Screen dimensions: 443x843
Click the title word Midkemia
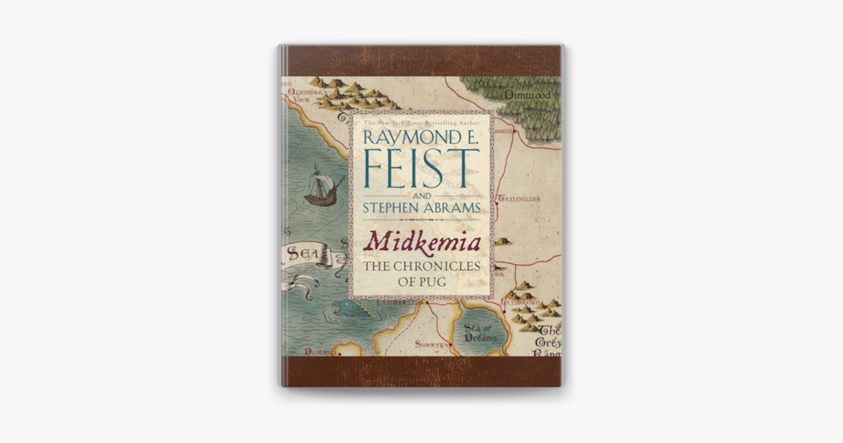(x=421, y=243)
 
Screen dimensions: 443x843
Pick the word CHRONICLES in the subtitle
(x=440, y=267)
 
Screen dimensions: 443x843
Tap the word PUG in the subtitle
(x=440, y=283)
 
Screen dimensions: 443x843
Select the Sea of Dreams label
(x=481, y=333)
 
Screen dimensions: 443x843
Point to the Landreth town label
(x=521, y=303)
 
